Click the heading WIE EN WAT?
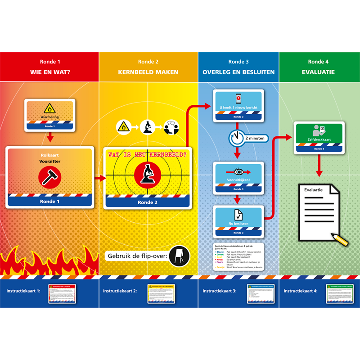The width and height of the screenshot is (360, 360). pos(49,72)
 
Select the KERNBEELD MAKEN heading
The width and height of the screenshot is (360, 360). pos(148,72)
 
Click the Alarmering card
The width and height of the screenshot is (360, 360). pos(49,115)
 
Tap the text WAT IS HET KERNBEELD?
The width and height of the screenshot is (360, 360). pos(148,154)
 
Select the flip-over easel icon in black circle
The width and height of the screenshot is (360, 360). pos(179,256)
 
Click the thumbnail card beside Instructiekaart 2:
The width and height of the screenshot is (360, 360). pos(161,293)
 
